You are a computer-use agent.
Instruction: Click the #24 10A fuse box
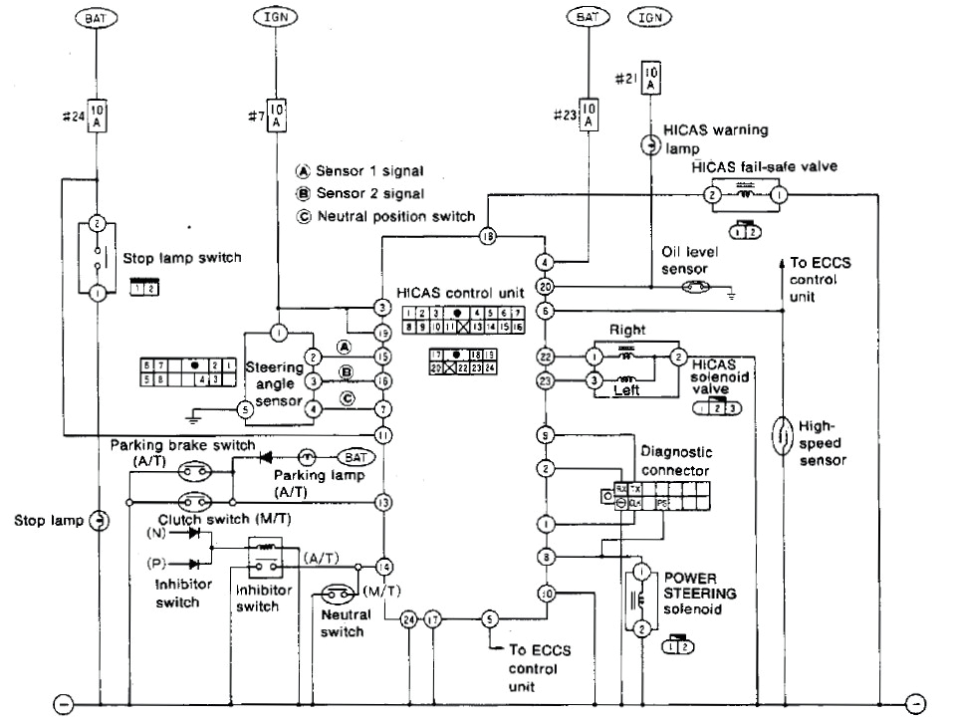tap(98, 115)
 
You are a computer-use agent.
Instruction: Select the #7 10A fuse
tap(278, 115)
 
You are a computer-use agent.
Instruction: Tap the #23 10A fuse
tap(588, 115)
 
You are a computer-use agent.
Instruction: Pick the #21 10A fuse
tap(650, 80)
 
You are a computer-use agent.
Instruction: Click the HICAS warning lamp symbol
tap(648, 146)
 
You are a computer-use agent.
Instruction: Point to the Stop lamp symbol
tap(100, 520)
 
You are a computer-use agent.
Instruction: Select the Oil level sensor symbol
tap(694, 287)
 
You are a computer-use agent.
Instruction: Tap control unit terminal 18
tap(488, 236)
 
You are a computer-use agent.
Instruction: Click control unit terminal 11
tap(381, 435)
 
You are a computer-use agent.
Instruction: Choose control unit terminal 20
tap(545, 287)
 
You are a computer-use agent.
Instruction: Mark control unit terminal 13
tap(381, 504)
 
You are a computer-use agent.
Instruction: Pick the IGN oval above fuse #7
tap(278, 18)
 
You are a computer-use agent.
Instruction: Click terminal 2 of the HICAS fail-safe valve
tap(713, 195)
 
